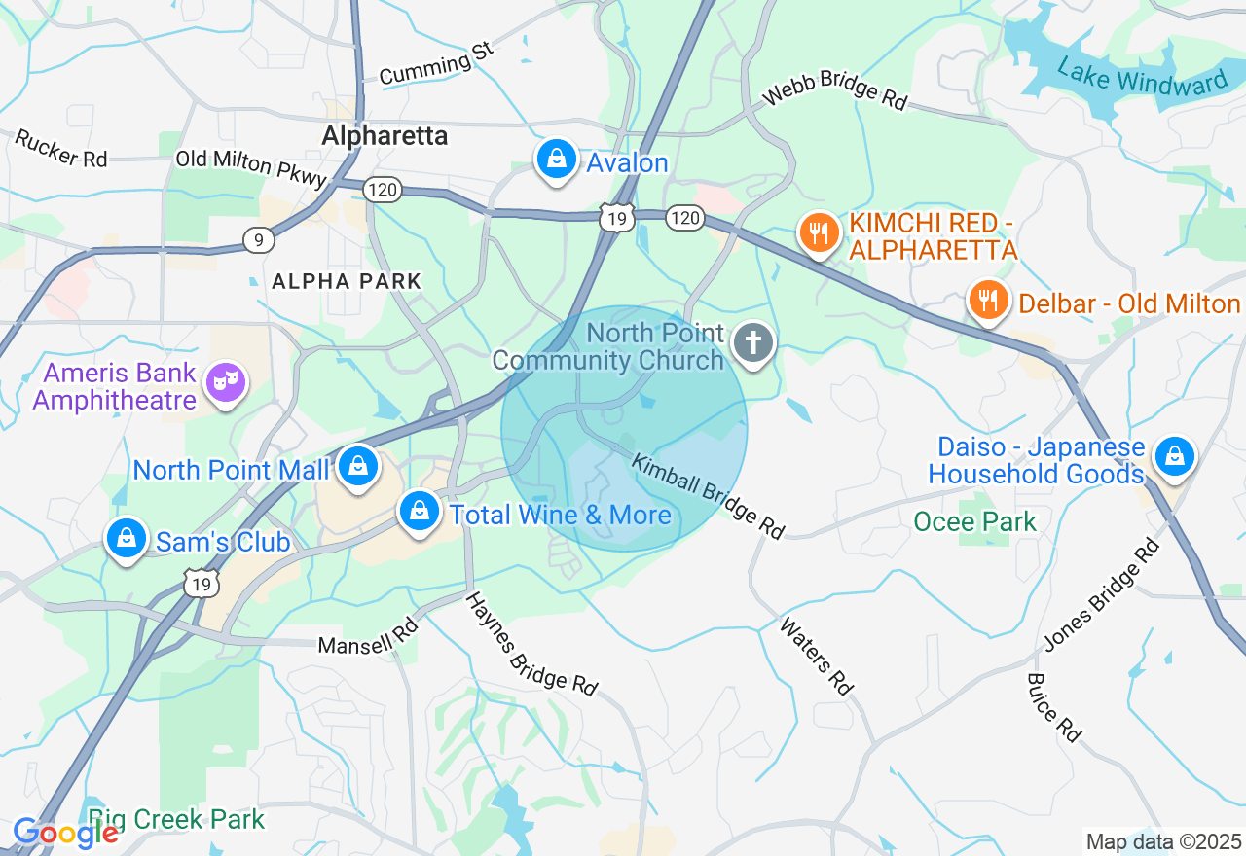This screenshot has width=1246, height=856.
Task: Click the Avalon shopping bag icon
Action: click(x=557, y=160)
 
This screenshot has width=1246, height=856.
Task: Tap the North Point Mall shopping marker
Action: click(x=358, y=467)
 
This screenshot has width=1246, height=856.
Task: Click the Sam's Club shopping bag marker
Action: click(x=126, y=539)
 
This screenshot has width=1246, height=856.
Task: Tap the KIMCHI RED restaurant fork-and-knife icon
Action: click(x=820, y=233)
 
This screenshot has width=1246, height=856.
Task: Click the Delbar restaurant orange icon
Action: click(x=988, y=301)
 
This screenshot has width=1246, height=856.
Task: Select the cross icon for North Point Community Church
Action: click(x=753, y=343)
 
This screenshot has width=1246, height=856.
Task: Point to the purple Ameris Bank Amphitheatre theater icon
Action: click(x=226, y=384)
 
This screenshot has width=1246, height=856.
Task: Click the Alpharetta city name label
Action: click(x=385, y=135)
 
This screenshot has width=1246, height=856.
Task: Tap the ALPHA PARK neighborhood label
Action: click(x=347, y=282)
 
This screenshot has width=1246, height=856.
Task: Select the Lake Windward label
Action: click(x=1142, y=77)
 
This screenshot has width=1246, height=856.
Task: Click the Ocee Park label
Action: click(x=974, y=522)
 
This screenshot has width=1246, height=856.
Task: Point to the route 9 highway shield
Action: click(x=258, y=239)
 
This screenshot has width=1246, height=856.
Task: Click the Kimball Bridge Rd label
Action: click(x=708, y=496)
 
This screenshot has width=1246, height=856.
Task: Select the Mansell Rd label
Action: click(x=368, y=637)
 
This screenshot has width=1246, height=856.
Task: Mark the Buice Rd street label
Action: click(x=1054, y=707)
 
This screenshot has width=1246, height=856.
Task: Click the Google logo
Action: click(x=65, y=834)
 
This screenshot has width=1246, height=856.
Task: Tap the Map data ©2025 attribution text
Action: click(x=1163, y=841)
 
